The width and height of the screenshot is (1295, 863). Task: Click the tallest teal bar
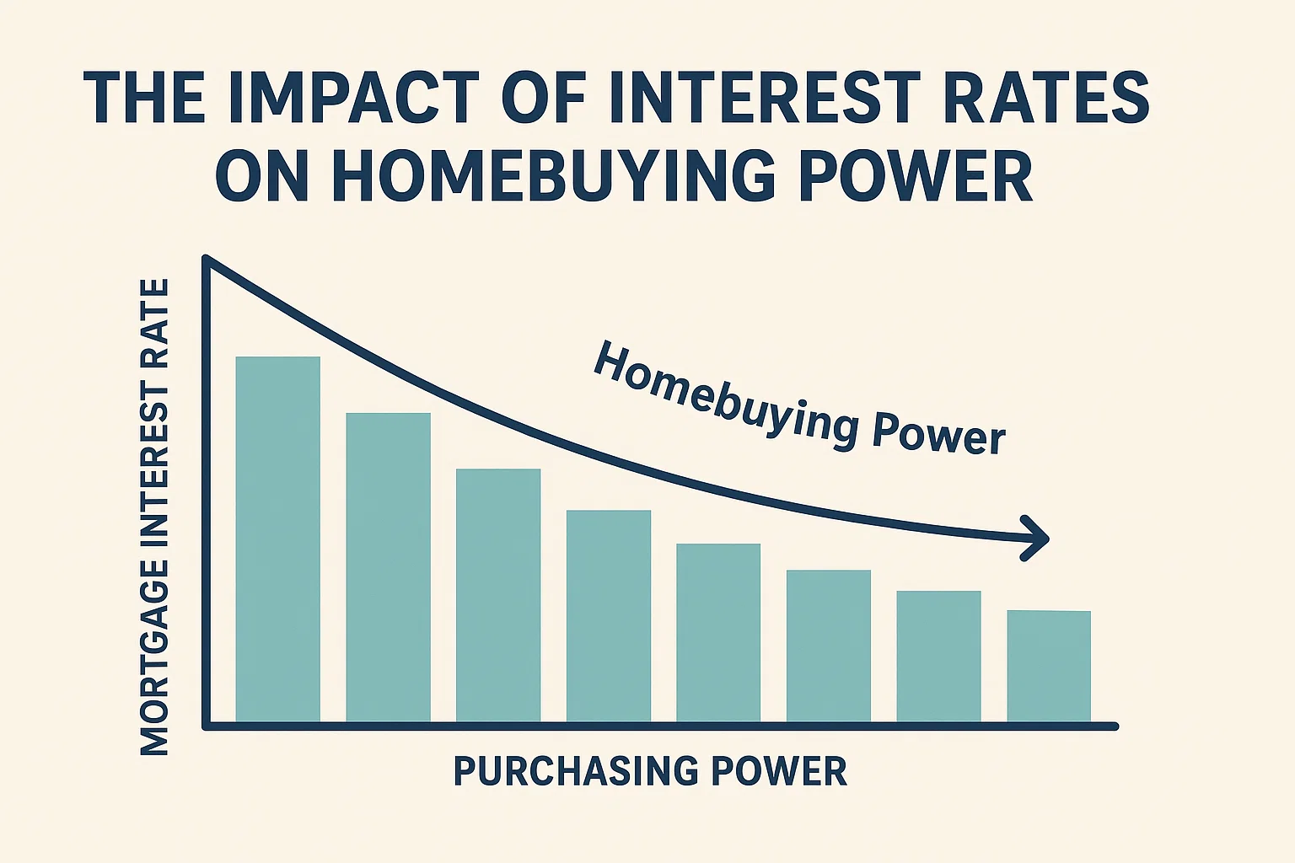point(277,539)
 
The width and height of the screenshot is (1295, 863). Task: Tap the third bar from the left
point(498,595)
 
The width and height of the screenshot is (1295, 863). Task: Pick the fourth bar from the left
point(608,616)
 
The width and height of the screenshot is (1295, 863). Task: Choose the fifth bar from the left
point(718,633)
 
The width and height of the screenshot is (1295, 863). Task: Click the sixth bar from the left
point(828,646)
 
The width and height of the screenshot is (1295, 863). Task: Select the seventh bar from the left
point(938,657)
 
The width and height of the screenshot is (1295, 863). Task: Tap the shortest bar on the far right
point(1049,666)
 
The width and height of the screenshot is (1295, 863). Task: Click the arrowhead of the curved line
point(1039,538)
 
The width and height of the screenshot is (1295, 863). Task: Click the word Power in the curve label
point(938,432)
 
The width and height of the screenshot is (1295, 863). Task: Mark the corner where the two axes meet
point(206,725)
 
